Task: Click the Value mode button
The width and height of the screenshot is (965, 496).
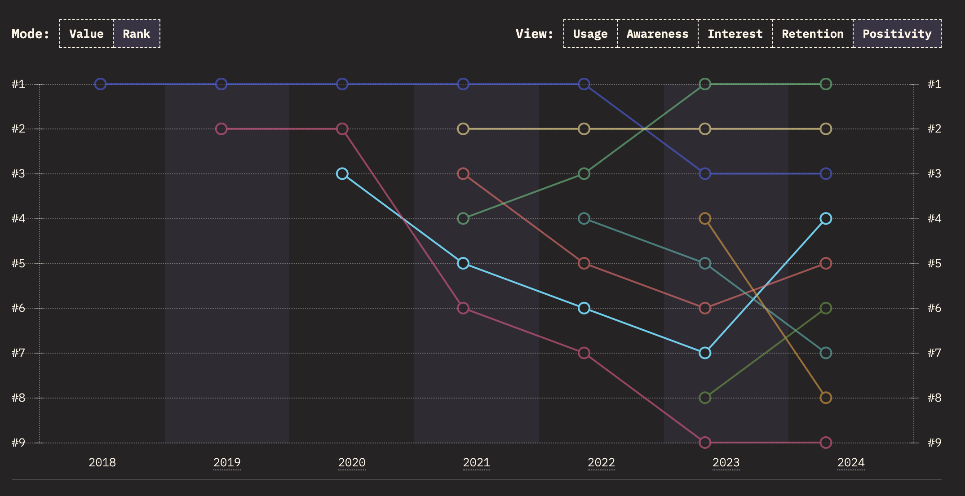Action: click(x=86, y=34)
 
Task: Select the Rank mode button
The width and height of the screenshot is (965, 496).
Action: click(x=137, y=34)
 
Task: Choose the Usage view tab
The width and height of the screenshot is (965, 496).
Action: click(x=590, y=34)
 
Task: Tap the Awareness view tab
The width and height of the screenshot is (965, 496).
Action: click(x=657, y=34)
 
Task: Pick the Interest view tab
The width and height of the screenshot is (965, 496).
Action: click(x=735, y=34)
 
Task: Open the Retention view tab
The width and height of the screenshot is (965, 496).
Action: click(x=812, y=34)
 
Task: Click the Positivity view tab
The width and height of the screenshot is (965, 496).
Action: click(x=897, y=34)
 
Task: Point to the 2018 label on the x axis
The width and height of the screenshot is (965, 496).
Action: click(x=102, y=462)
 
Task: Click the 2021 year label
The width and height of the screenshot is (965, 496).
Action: click(x=476, y=462)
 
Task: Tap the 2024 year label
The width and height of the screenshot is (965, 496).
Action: click(x=851, y=462)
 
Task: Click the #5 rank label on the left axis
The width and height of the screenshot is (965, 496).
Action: click(x=18, y=263)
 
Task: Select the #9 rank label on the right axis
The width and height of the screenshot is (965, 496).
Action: click(x=934, y=443)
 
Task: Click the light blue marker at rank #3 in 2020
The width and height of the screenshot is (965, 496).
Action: click(x=342, y=173)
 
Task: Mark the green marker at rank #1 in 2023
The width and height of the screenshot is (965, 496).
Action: click(x=705, y=84)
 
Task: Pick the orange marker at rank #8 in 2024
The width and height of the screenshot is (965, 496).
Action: click(x=826, y=398)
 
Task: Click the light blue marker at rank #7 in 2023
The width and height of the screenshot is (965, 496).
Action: click(x=705, y=353)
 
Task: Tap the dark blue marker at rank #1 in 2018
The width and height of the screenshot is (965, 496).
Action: click(x=101, y=84)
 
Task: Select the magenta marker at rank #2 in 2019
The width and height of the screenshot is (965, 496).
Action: click(x=221, y=129)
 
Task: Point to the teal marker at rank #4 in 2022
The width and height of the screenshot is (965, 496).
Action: click(x=584, y=219)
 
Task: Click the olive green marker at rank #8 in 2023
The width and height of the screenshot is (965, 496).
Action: click(x=705, y=398)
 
